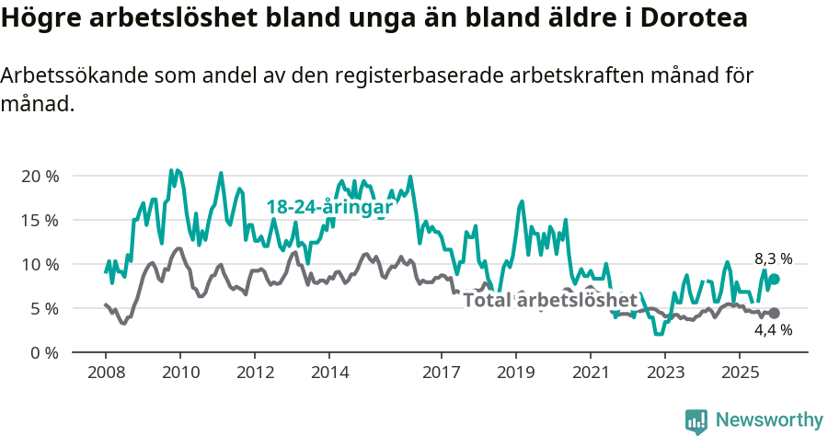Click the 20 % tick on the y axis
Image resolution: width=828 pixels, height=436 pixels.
pyautogui.click(x=40, y=176)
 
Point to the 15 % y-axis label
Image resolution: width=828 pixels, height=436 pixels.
pyautogui.click(x=40, y=220)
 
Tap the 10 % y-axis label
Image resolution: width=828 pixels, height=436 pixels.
pyautogui.click(x=40, y=264)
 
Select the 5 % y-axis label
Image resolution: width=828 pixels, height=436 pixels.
pyautogui.click(x=44, y=308)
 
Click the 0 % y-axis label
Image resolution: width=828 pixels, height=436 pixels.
pyautogui.click(x=44, y=352)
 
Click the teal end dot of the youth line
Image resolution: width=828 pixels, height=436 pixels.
pyautogui.click(x=774, y=280)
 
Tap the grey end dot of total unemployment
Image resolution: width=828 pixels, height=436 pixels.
pyautogui.click(x=774, y=314)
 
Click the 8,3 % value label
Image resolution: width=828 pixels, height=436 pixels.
pyautogui.click(x=773, y=259)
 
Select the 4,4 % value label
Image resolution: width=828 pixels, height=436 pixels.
pyautogui.click(x=773, y=330)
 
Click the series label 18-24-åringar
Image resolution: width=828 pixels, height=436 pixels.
pyautogui.click(x=329, y=207)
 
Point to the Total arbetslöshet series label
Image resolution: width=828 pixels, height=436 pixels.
pyautogui.click(x=550, y=300)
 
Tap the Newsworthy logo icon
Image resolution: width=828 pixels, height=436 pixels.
pyautogui.click(x=696, y=420)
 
